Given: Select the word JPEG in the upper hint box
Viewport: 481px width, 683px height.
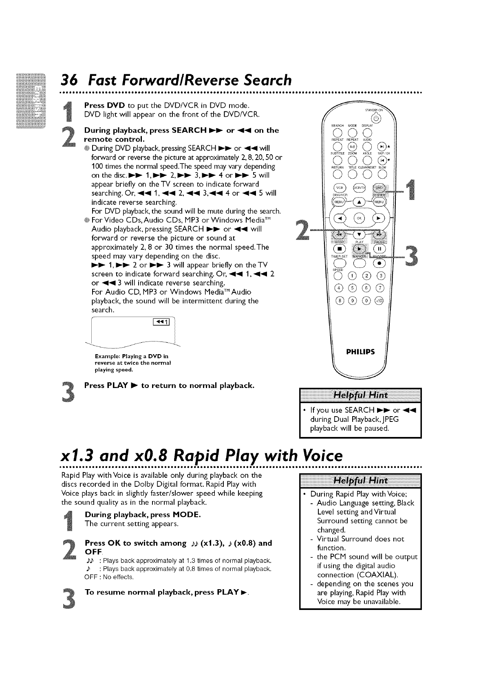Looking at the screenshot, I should pyautogui.click(x=389, y=419).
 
